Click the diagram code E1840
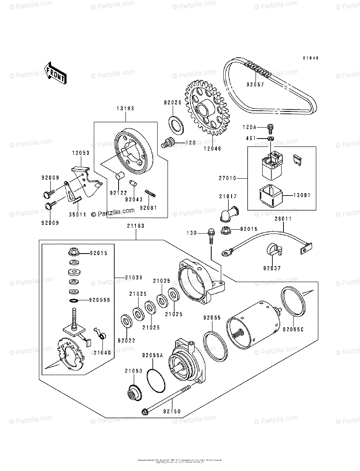310,58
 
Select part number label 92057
255,84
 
